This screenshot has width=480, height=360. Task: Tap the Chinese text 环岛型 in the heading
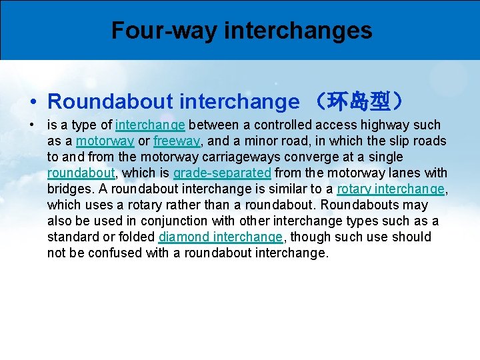click(x=360, y=101)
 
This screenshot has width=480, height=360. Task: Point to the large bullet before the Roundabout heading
click(x=33, y=102)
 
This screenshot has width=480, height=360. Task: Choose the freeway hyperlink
click(x=177, y=141)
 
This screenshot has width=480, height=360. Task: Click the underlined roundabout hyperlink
click(x=80, y=173)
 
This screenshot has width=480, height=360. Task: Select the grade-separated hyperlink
click(x=222, y=173)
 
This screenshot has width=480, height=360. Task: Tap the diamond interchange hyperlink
click(x=220, y=237)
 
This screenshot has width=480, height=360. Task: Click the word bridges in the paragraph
click(x=70, y=189)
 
